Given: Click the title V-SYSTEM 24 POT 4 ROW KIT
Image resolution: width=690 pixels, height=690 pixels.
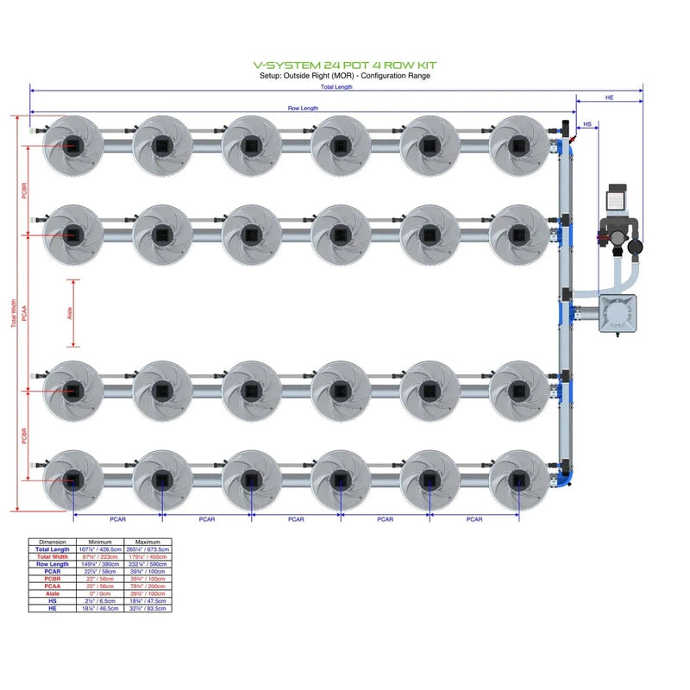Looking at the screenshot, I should pos(345,65).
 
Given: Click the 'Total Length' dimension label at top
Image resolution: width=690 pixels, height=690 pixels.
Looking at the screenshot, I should pos(336,87).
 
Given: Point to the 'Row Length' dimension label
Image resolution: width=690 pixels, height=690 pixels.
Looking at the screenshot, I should pos(303,109).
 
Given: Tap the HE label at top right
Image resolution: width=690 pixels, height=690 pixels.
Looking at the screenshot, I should pos(610,98).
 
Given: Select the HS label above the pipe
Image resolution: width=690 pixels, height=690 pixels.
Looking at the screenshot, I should pos(587,125).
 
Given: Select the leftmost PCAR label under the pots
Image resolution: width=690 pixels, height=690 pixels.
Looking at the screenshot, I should pos(119,519).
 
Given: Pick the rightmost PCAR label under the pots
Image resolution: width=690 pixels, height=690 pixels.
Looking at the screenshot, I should pos(474,519).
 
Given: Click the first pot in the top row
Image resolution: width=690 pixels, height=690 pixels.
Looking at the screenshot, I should pos(72,145).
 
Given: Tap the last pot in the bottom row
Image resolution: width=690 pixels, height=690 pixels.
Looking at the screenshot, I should pos(518,480).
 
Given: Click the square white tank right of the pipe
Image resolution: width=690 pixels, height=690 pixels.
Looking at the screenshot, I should pos(617,314).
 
